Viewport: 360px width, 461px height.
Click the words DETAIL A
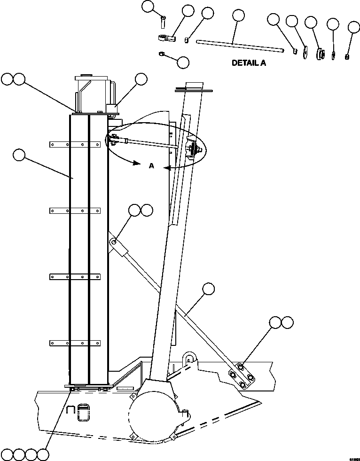[x=249, y=63]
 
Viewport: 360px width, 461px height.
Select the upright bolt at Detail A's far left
[x=163, y=21]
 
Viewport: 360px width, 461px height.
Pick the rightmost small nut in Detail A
[x=347, y=57]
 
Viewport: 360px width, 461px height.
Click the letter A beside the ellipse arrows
[x=151, y=165]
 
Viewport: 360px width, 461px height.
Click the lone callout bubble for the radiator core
[x=19, y=156]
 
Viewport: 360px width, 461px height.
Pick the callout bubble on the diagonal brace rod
[x=208, y=289]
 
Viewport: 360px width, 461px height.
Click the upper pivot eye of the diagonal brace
[x=113, y=242]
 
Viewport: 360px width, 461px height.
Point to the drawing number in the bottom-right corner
[x=354, y=457]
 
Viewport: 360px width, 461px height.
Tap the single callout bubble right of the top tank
[x=141, y=79]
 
